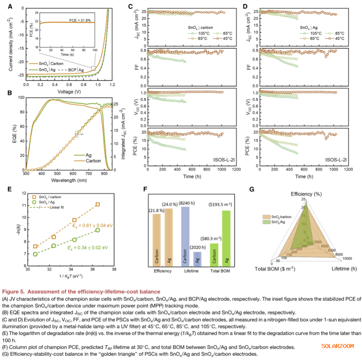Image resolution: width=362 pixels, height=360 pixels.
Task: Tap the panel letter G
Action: point(251,188)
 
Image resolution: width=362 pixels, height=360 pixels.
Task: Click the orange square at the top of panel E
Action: point(97,204)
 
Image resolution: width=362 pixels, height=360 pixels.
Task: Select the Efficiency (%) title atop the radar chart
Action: point(307,193)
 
